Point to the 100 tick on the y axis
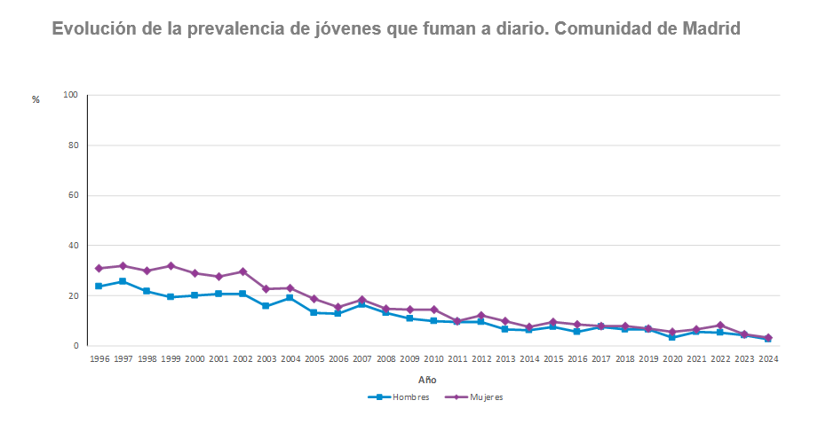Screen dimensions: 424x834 (x=71, y=95)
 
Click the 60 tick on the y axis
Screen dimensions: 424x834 (x=73, y=195)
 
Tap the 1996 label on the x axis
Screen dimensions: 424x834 (x=99, y=359)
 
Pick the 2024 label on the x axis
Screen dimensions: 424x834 (x=768, y=359)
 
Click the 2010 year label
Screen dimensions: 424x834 (x=433, y=359)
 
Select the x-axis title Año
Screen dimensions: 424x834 (x=427, y=380)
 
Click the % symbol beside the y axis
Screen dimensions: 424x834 (x=36, y=99)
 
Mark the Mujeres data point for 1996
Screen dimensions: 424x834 (x=99, y=268)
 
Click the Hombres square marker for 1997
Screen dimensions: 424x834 (x=123, y=281)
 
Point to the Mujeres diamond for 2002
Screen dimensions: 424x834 (x=242, y=271)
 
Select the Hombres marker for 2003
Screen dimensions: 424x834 (x=266, y=305)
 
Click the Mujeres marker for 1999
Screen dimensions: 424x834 (x=171, y=265)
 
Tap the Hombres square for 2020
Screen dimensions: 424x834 (x=672, y=337)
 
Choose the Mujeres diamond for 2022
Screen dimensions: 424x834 (x=720, y=325)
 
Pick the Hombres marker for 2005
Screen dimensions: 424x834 (x=314, y=312)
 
